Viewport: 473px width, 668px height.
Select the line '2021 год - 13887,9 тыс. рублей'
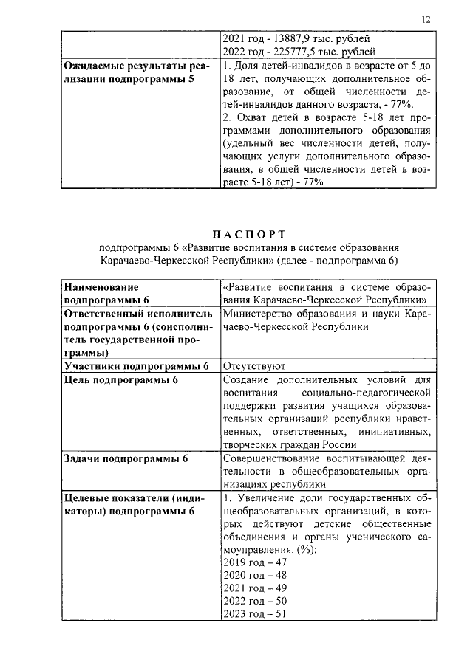[295, 38]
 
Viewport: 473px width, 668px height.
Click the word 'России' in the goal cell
[341, 445]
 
